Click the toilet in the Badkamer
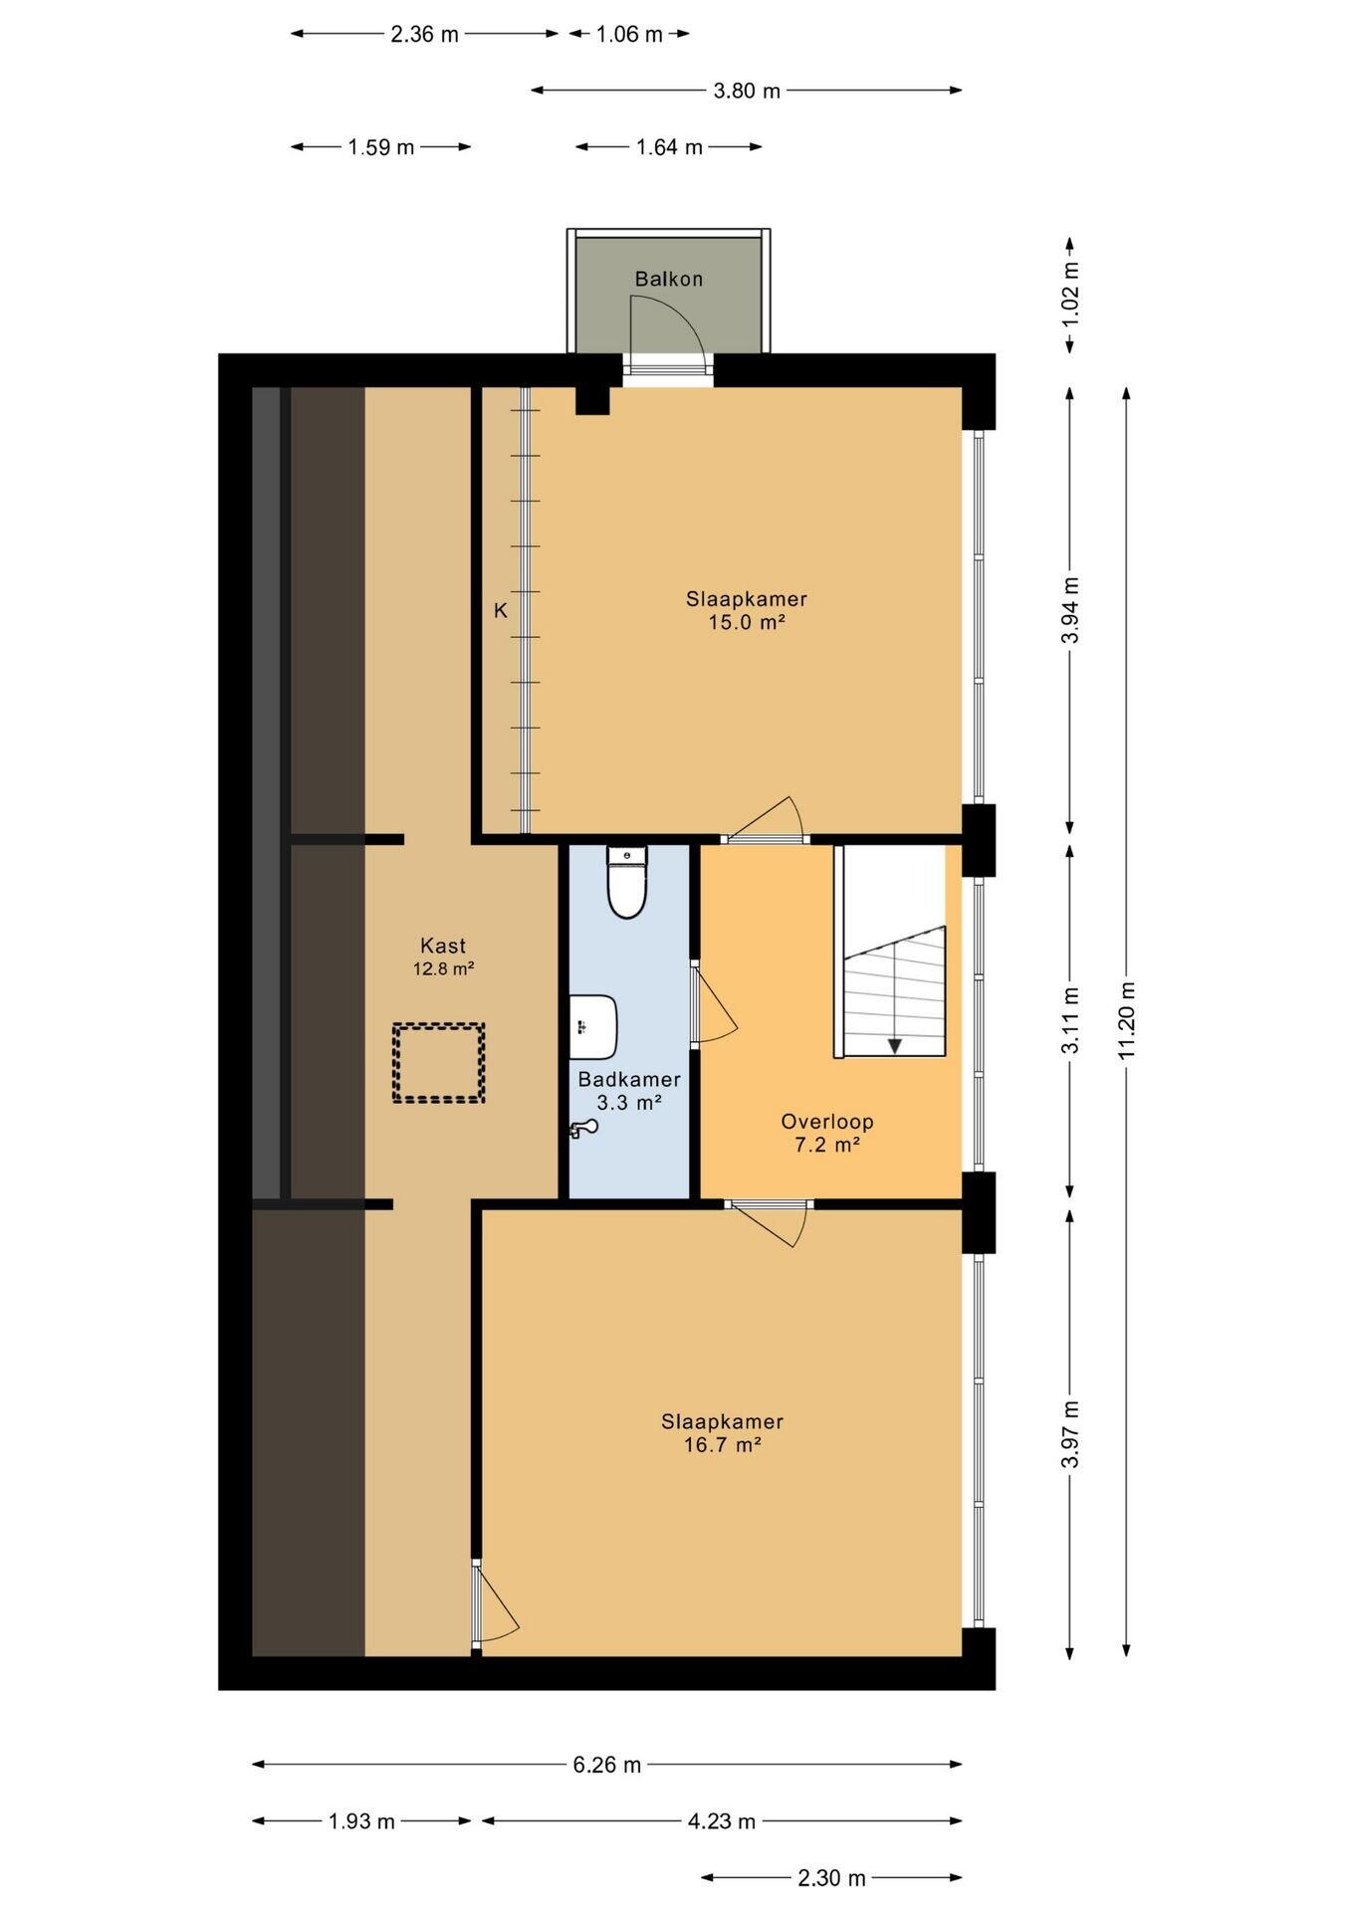[626, 882]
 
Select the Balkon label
[669, 280]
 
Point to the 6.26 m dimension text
[607, 1765]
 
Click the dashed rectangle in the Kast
[438, 1062]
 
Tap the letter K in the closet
[501, 611]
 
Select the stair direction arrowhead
[895, 1045]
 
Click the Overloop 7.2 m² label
[827, 1133]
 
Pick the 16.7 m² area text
[723, 1444]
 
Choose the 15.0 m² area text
[747, 622]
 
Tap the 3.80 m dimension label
[747, 91]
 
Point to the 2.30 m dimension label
[832, 1878]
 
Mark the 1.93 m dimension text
[362, 1821]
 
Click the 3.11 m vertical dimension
[1070, 1021]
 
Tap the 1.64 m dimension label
[670, 147]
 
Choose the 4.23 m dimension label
[722, 1821]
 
